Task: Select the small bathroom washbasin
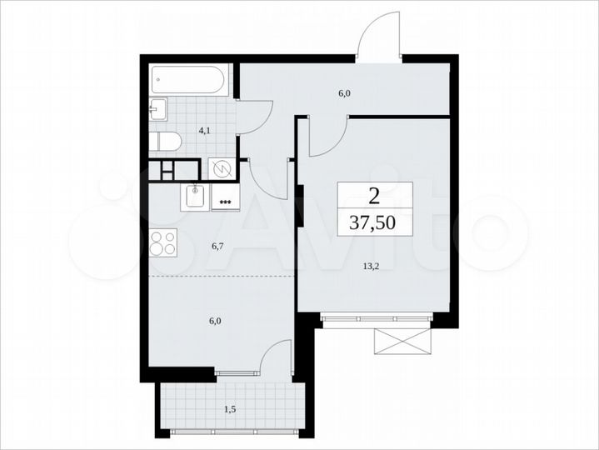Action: coord(158,109)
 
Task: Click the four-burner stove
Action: coord(163,242)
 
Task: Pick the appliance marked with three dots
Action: coord(223,201)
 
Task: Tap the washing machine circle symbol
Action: coord(223,169)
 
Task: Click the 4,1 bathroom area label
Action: coord(203,130)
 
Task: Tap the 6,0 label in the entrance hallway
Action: coord(343,93)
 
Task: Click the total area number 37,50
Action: coord(375,222)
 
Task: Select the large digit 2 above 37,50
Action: coord(375,196)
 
